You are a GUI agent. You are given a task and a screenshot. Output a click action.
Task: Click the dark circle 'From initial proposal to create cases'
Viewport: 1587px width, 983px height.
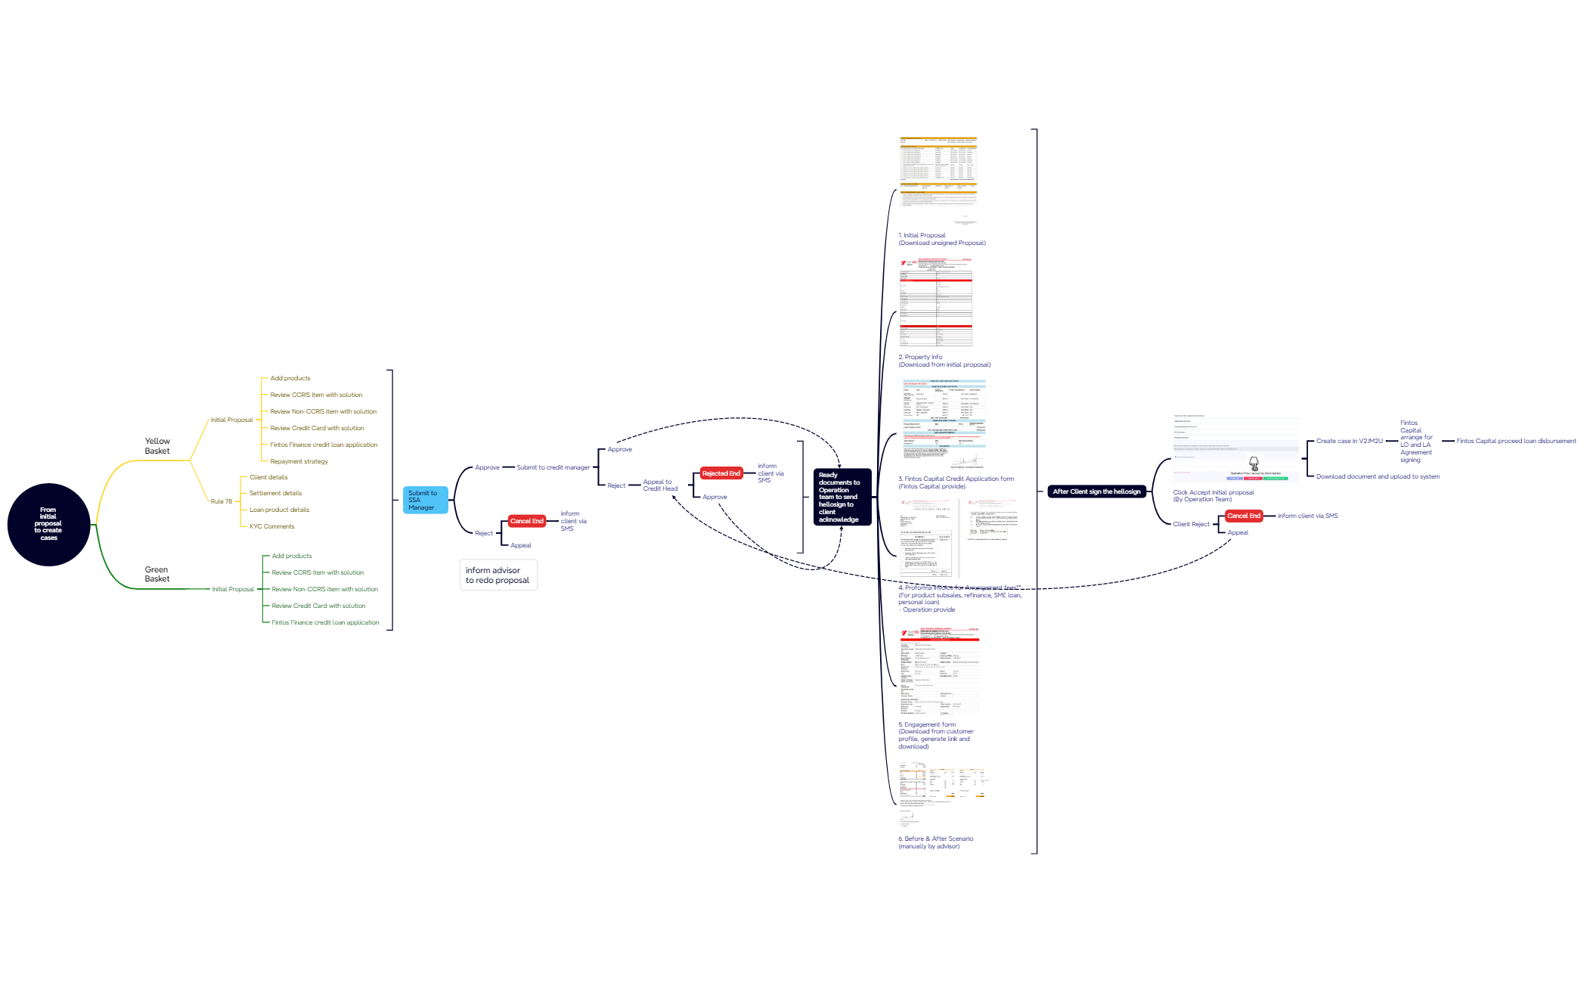pyautogui.click(x=48, y=524)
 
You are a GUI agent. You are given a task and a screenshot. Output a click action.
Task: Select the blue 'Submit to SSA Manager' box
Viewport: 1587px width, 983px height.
pyautogui.click(x=425, y=500)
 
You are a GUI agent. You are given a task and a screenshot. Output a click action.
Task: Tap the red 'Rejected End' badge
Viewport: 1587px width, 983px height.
pyautogui.click(x=721, y=473)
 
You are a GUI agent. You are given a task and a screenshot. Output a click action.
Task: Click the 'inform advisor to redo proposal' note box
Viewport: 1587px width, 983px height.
pyautogui.click(x=497, y=575)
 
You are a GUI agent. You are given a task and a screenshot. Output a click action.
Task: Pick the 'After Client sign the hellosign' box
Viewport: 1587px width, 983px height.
pyautogui.click(x=1096, y=491)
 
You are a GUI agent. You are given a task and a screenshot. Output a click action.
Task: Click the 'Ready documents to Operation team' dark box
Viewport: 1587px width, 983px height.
pyautogui.click(x=841, y=497)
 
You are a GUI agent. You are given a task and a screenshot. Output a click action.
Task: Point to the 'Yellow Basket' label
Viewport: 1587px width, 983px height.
pyautogui.click(x=157, y=446)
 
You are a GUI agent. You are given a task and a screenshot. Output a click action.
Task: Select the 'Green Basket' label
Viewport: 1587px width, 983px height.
pyautogui.click(x=157, y=574)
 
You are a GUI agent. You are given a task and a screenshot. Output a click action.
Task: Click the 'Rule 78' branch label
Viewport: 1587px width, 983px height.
pyautogui.click(x=222, y=501)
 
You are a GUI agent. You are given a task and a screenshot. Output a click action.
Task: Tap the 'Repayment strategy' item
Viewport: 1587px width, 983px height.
pyautogui.click(x=299, y=461)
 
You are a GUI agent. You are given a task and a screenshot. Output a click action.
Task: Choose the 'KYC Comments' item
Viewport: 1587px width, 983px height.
pyautogui.click(x=272, y=526)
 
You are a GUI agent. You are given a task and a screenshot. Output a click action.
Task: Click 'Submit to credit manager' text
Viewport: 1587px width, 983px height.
pyautogui.click(x=553, y=467)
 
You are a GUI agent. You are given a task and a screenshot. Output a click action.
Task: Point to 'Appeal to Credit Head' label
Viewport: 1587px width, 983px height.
pyautogui.click(x=660, y=485)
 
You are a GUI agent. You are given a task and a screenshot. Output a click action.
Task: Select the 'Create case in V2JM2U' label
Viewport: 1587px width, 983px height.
pyautogui.click(x=1349, y=441)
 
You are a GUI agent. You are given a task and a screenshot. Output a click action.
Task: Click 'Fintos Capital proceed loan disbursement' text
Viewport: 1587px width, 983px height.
pyautogui.click(x=1516, y=441)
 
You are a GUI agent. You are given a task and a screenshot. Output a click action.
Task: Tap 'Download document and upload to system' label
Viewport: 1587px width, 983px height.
pyautogui.click(x=1378, y=476)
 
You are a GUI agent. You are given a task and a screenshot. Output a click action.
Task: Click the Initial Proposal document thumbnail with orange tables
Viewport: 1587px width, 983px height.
pyautogui.click(x=938, y=180)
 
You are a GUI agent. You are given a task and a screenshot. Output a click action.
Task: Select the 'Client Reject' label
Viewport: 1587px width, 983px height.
pyautogui.click(x=1191, y=524)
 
